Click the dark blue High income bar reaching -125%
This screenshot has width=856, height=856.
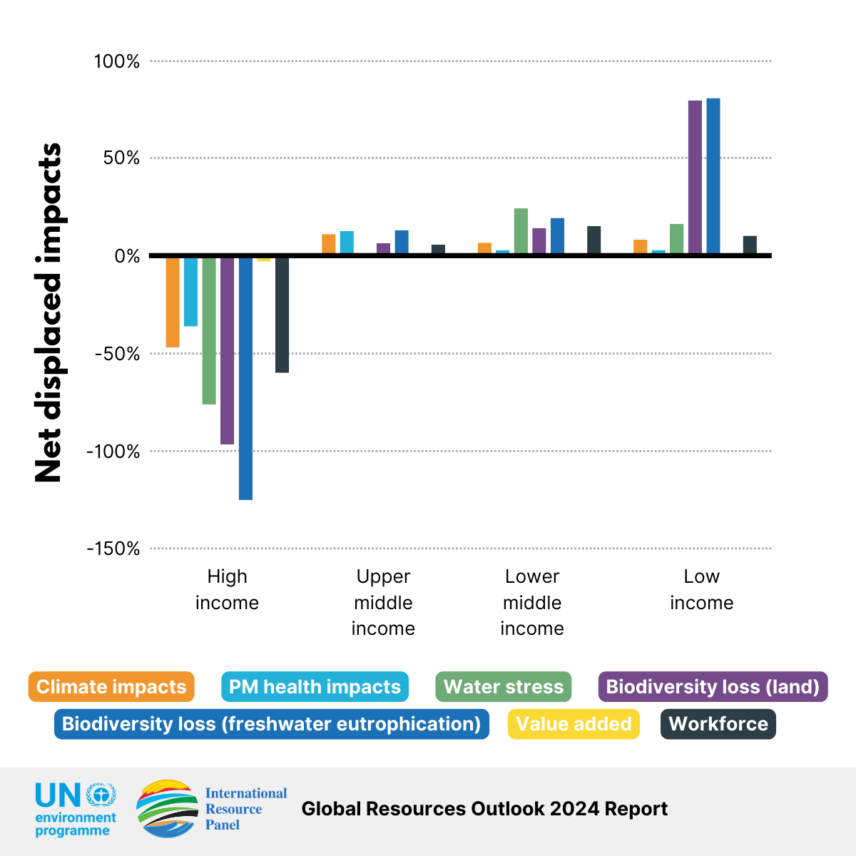pyautogui.click(x=245, y=378)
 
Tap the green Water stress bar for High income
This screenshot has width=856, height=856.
pyautogui.click(x=209, y=330)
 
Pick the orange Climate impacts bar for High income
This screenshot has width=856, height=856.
pyautogui.click(x=173, y=302)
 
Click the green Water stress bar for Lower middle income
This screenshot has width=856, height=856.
pyautogui.click(x=521, y=231)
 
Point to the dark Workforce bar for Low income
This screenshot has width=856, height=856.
pyautogui.click(x=750, y=245)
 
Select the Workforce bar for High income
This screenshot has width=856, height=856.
pyautogui.click(x=282, y=314)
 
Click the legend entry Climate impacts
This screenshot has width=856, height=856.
pyautogui.click(x=111, y=687)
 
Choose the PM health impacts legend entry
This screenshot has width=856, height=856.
pyautogui.click(x=315, y=687)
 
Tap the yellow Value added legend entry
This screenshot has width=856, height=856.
pyautogui.click(x=574, y=724)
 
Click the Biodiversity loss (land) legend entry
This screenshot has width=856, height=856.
pyautogui.click(x=713, y=687)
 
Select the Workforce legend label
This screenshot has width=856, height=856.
pyautogui.click(x=718, y=724)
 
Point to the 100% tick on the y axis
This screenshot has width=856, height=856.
pyautogui.click(x=117, y=61)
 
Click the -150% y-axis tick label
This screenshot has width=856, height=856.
pyautogui.click(x=113, y=549)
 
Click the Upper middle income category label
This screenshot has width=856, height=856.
pyautogui.click(x=383, y=602)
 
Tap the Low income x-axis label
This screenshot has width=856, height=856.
pyautogui.click(x=701, y=589)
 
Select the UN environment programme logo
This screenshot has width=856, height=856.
pyautogui.click(x=76, y=809)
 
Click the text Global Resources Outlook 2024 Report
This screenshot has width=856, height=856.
pyautogui.click(x=484, y=809)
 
